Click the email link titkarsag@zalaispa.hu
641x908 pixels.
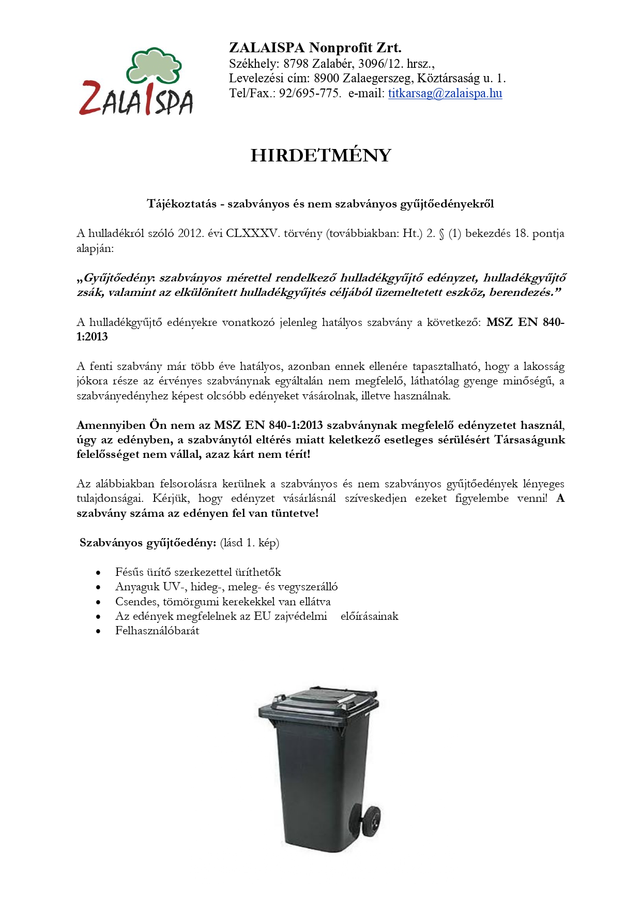445,94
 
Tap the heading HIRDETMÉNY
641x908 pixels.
320,155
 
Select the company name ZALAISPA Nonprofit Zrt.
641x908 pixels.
315,48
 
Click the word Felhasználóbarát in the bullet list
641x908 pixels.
157,631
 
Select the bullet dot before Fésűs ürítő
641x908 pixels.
98,573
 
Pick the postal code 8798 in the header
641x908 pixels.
295,64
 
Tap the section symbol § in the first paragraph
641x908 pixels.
441,234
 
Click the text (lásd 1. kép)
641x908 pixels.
249,543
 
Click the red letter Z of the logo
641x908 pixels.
91,98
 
